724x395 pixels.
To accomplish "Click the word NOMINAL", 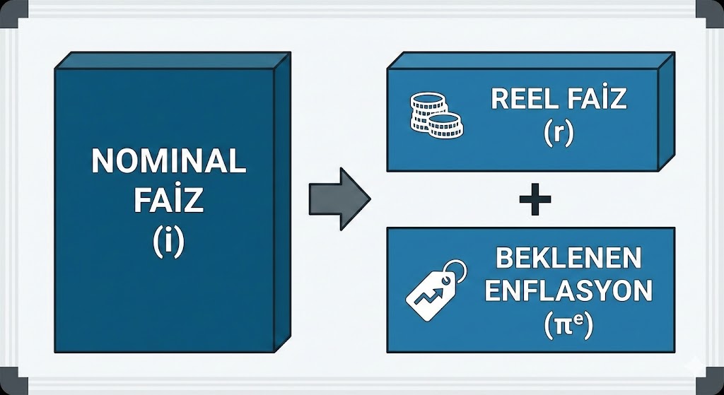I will pyautogui.click(x=168, y=162).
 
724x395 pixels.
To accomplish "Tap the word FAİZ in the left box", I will pyautogui.click(x=168, y=201).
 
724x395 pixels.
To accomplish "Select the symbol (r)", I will pyautogui.click(x=558, y=133).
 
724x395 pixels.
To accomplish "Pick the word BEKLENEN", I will pyautogui.click(x=559, y=259).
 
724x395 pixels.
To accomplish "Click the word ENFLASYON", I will pyautogui.click(x=559, y=291).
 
